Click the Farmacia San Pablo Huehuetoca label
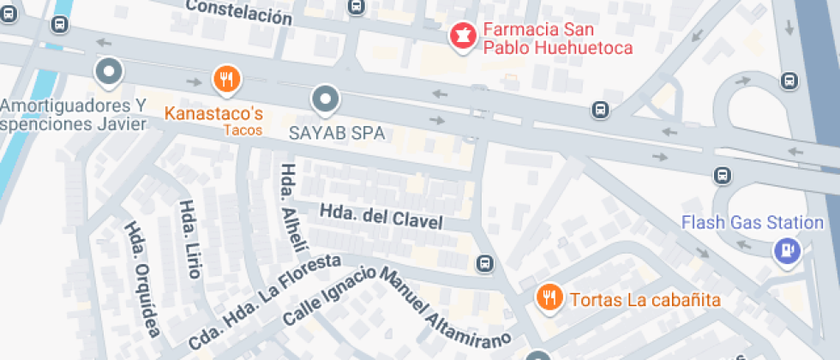tap(557, 39)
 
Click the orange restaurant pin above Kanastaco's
tap(226, 81)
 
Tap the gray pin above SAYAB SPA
tap(326, 100)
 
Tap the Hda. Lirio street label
tap(189, 239)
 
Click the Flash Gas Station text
tap(752, 223)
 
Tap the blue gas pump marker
tap(786, 250)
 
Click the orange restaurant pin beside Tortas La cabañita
tap(548, 297)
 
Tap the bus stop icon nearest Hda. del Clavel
tap(485, 263)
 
